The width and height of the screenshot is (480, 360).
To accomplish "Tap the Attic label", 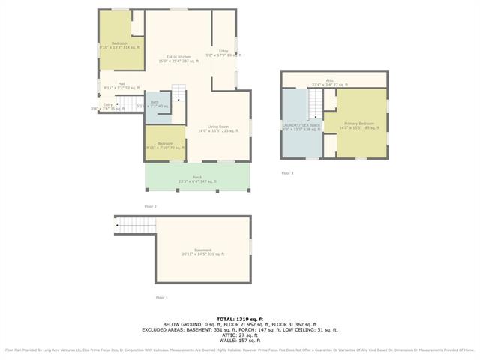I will coord(329,82).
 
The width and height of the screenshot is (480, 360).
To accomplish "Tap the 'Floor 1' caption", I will coord(161,298).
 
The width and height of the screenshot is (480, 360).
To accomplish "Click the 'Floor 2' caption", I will coord(150,206).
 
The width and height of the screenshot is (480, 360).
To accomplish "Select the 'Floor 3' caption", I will coord(288,173).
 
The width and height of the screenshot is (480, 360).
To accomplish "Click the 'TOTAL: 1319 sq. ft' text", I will coord(240,319).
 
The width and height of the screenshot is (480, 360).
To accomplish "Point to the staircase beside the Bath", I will coord(178,95).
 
